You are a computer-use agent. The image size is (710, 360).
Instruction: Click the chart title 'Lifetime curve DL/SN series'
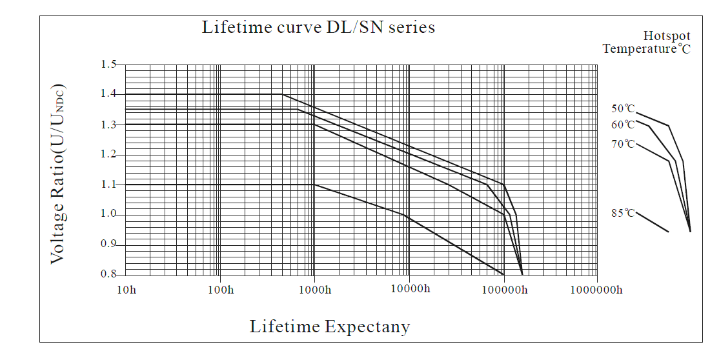point(318,27)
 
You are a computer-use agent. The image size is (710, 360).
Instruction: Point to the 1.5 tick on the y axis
point(108,65)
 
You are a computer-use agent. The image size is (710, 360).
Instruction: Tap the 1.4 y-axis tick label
point(108,94)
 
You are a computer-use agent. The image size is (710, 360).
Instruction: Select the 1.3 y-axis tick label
point(108,124)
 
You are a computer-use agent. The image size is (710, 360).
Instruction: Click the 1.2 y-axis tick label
point(108,154)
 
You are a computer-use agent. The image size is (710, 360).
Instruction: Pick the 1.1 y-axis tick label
point(108,185)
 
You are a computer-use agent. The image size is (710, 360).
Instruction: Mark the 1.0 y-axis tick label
point(108,214)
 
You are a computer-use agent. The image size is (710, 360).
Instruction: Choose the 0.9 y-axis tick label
point(108,245)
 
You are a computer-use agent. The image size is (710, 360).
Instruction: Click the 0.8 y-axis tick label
point(108,274)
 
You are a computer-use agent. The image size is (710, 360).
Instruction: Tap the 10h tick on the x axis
point(127,289)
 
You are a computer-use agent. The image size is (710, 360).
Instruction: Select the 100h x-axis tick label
point(221,289)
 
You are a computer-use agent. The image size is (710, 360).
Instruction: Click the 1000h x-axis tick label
point(314,289)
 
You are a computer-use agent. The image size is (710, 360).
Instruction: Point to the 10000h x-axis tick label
point(409,288)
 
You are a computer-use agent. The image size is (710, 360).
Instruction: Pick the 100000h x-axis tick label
point(503,289)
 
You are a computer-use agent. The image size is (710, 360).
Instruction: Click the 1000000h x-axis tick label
point(596,289)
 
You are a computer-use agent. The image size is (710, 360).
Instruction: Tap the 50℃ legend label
point(623,109)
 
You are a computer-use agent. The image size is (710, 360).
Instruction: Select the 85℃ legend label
point(623,212)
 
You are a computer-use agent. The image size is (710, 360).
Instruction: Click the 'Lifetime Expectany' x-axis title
point(330,326)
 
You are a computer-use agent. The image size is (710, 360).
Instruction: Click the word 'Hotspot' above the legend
point(667,35)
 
